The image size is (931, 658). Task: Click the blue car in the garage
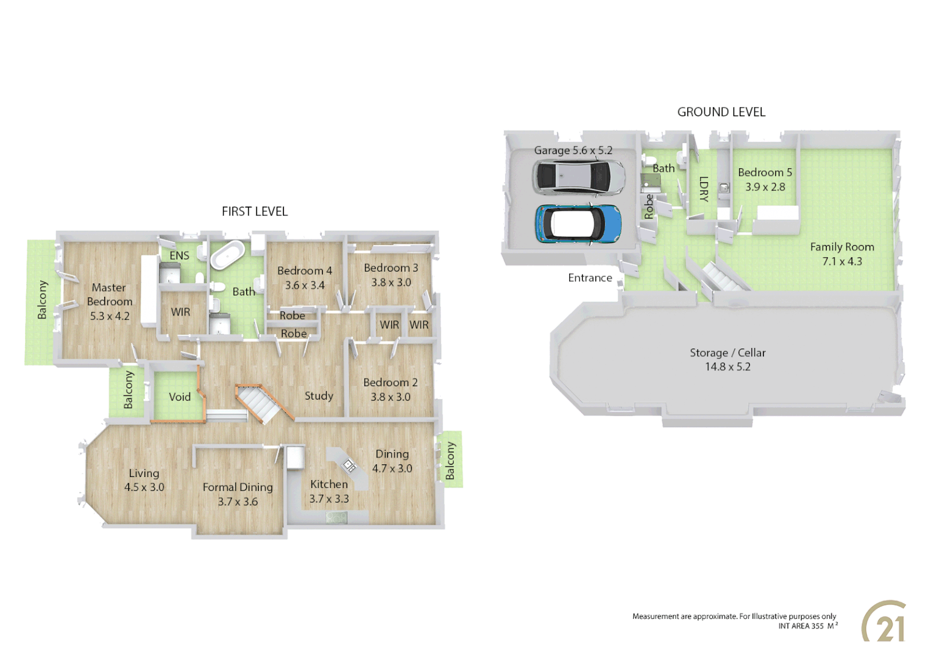click(578, 224)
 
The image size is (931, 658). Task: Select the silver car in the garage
click(579, 177)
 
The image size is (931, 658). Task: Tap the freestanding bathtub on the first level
click(227, 255)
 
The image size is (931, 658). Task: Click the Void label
click(180, 397)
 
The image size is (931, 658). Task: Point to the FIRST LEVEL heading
click(255, 211)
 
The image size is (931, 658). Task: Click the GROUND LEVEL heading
click(721, 112)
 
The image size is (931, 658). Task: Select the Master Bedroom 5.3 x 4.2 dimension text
click(110, 316)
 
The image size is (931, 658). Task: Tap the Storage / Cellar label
click(727, 353)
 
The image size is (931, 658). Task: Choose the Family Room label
click(842, 247)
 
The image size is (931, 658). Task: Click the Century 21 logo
click(884, 622)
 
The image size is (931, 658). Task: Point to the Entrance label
click(590, 278)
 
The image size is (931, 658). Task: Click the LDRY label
click(704, 189)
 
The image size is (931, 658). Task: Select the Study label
click(319, 396)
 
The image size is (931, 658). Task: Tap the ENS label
click(179, 256)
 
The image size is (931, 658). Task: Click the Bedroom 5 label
click(765, 172)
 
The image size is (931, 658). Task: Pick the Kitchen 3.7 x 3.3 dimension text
click(329, 499)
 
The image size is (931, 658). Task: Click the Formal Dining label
click(238, 487)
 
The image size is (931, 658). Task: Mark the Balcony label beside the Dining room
click(450, 461)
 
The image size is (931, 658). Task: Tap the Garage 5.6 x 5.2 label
click(573, 150)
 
